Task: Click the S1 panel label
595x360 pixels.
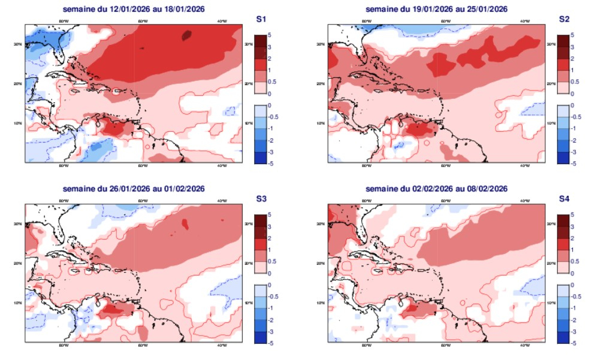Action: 261,19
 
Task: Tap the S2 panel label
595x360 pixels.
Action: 563,19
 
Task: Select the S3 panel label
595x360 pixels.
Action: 261,199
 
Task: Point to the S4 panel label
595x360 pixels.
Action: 563,199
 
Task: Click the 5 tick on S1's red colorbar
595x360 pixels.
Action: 271,35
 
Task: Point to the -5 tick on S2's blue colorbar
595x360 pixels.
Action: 574,164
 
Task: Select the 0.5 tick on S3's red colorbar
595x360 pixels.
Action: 273,261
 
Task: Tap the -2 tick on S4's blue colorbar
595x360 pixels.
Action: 574,319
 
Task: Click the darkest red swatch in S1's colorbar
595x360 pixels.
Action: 259,41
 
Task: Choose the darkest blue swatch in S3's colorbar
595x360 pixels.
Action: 259,337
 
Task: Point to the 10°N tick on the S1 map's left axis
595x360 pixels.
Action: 20,123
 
